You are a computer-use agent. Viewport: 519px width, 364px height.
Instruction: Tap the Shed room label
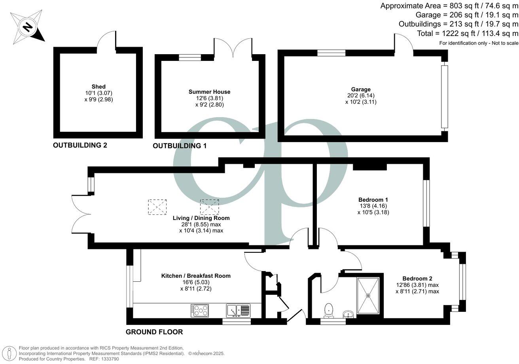click(98, 87)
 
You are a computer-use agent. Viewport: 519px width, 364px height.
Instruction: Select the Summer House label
click(209, 92)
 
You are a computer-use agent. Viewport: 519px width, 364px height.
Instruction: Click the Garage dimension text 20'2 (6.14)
click(360, 95)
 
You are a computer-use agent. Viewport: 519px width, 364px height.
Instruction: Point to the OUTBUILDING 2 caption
click(80, 145)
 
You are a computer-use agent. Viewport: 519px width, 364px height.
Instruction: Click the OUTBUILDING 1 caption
click(180, 146)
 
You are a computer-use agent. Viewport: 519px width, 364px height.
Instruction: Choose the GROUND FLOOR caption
click(154, 332)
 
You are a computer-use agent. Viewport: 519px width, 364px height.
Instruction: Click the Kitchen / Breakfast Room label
click(195, 276)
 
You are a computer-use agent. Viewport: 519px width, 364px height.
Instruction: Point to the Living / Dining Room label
click(201, 218)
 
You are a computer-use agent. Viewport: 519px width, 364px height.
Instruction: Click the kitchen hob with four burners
click(199, 310)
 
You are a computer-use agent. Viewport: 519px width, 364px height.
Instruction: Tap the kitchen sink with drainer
click(238, 310)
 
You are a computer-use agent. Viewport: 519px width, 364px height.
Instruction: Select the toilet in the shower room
click(328, 311)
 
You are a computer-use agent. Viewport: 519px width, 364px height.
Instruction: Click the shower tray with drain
click(368, 295)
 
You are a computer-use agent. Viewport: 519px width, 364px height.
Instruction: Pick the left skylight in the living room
click(157, 207)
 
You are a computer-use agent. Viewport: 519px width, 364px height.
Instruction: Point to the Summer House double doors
click(233, 49)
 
